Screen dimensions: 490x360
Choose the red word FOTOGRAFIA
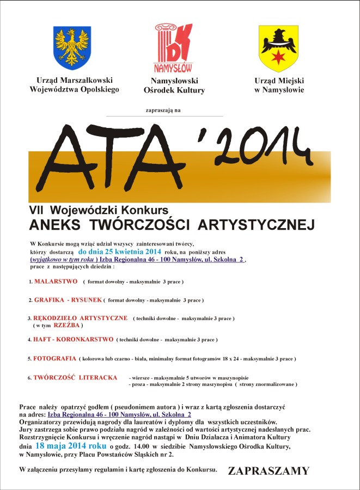[54, 359]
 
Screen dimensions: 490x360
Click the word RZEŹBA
[66, 325]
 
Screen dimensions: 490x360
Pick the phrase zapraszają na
[163, 111]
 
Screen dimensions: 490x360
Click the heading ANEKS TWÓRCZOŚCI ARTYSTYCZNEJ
[172, 225]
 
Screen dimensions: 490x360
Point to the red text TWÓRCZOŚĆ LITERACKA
[75, 377]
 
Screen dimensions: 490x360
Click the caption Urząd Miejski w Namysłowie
[279, 85]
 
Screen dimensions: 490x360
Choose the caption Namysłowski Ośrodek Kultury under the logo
[174, 85]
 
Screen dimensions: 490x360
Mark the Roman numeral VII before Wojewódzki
[36, 210]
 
